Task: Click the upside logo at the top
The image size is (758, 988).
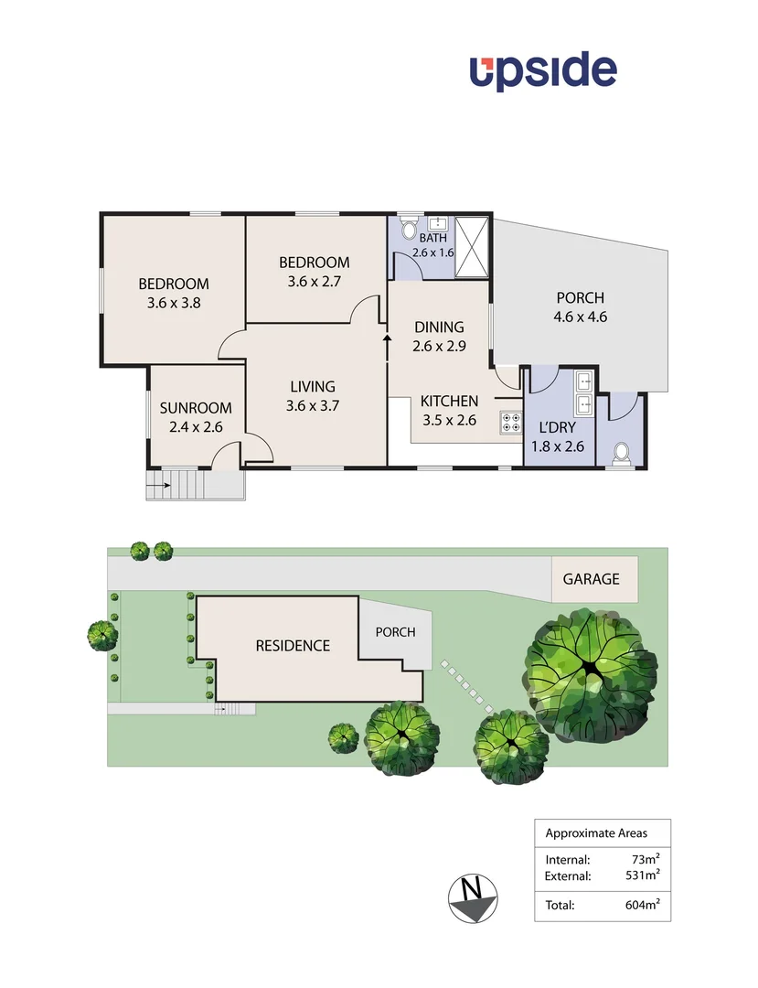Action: (x=543, y=71)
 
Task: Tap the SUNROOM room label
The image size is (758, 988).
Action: (x=196, y=408)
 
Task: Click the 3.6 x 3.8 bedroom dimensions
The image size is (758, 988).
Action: (x=174, y=303)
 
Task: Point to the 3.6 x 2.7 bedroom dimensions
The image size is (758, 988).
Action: (x=314, y=282)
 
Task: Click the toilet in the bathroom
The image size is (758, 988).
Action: (x=408, y=225)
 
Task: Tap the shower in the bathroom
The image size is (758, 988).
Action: (x=473, y=245)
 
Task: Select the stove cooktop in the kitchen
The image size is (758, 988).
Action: (x=510, y=422)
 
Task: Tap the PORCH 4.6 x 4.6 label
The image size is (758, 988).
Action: (x=581, y=307)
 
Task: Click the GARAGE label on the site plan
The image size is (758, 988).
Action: (x=591, y=579)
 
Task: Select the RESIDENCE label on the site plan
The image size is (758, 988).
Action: (x=293, y=646)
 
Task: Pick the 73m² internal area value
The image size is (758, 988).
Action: (x=646, y=859)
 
